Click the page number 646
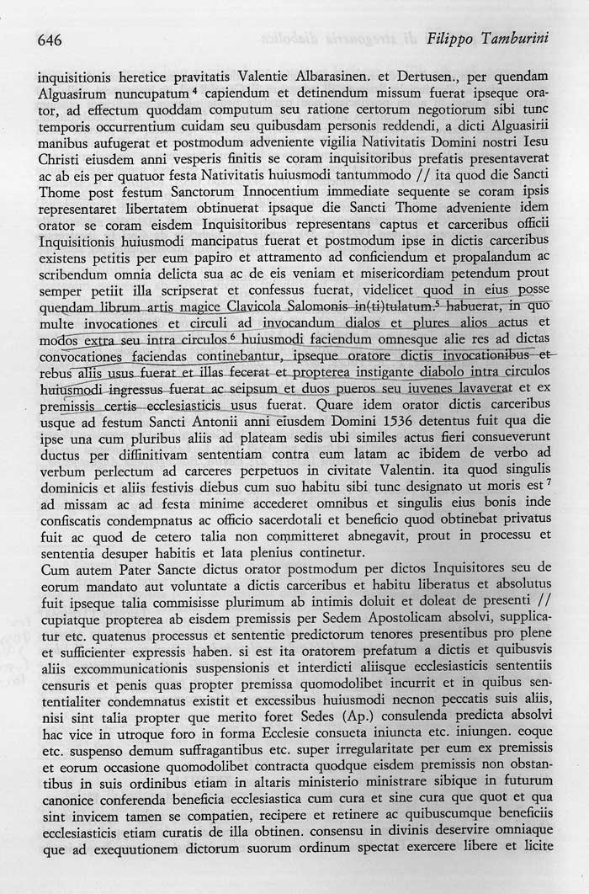(x=50, y=40)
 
